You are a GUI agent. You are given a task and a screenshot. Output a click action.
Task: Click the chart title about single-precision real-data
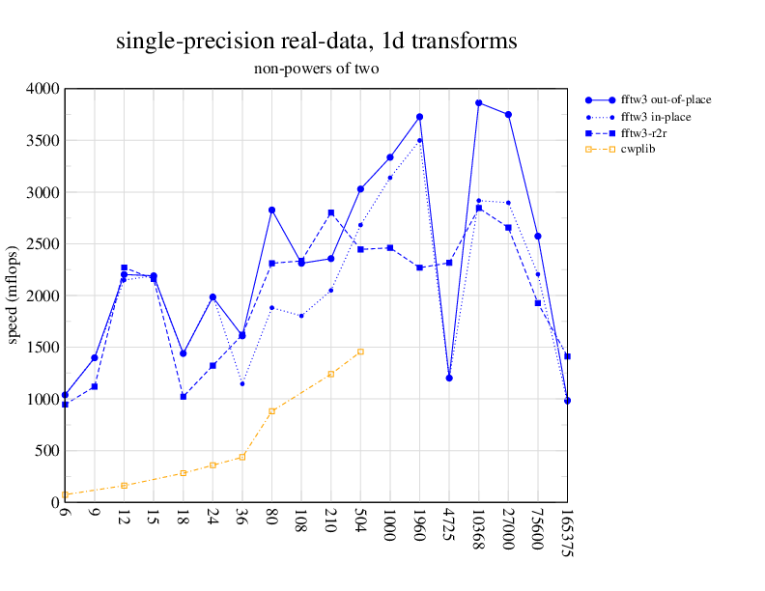pyautogui.click(x=316, y=42)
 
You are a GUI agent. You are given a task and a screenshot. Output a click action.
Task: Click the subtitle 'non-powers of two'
pyautogui.click(x=316, y=69)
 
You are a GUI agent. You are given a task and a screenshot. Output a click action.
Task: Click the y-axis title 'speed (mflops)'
pyautogui.click(x=14, y=295)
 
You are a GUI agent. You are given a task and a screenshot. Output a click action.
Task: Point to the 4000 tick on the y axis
pyautogui.click(x=42, y=89)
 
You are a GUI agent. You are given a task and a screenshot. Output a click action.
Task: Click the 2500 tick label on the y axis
pyautogui.click(x=42, y=244)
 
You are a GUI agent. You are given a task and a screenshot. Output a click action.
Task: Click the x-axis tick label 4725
pyautogui.click(x=449, y=526)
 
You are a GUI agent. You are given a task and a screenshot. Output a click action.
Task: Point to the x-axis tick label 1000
pyautogui.click(x=390, y=527)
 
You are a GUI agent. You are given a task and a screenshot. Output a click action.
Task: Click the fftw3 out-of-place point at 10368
pyautogui.click(x=478, y=102)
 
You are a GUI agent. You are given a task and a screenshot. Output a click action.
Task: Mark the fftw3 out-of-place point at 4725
pyautogui.click(x=449, y=378)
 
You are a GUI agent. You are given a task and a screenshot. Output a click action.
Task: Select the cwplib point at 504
pyautogui.click(x=360, y=352)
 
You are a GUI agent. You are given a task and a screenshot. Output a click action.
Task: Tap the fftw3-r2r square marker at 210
pyautogui.click(x=330, y=212)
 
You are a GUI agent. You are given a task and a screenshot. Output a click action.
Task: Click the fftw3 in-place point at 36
pyautogui.click(x=242, y=383)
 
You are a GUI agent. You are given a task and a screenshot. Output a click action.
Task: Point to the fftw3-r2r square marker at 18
pyautogui.click(x=184, y=396)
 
